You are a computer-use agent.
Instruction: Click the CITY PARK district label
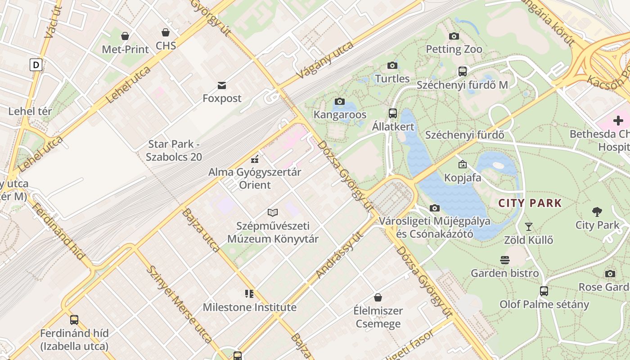pyautogui.click(x=530, y=203)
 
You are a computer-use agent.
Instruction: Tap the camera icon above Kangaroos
pyautogui.click(x=340, y=101)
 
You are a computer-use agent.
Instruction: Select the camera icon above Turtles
pyautogui.click(x=392, y=65)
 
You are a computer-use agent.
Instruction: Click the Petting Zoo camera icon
pyautogui.click(x=454, y=36)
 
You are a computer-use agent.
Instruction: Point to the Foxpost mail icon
pyautogui.click(x=222, y=85)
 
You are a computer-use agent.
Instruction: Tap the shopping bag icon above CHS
pyautogui.click(x=166, y=32)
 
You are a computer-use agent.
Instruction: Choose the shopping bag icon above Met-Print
pyautogui.click(x=125, y=36)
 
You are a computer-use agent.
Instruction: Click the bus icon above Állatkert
pyautogui.click(x=393, y=113)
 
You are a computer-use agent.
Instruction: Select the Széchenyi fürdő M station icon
pyautogui.click(x=462, y=71)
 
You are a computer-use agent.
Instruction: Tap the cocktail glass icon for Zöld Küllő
pyautogui.click(x=529, y=226)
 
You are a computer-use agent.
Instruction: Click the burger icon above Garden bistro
pyautogui.click(x=505, y=260)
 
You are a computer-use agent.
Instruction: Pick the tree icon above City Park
pyautogui.click(x=597, y=211)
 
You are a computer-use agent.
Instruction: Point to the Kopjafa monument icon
pyautogui.click(x=462, y=164)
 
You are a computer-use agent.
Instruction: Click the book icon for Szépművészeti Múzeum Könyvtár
pyautogui.click(x=273, y=212)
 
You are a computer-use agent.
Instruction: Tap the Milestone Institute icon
pyautogui.click(x=249, y=294)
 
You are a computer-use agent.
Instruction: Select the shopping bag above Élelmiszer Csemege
pyautogui.click(x=378, y=297)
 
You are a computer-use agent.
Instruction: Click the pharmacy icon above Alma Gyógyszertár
pyautogui.click(x=255, y=158)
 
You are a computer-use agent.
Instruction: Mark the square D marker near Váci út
pyautogui.click(x=36, y=65)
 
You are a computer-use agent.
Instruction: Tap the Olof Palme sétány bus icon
pyautogui.click(x=544, y=291)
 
